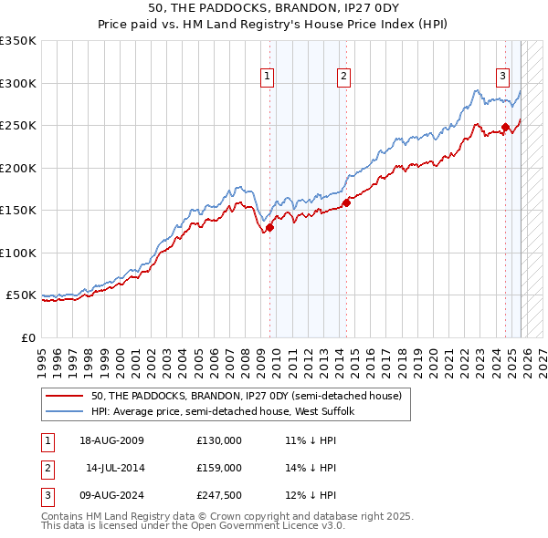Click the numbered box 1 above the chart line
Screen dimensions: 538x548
coord(268,77)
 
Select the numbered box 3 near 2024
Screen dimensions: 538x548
coord(503,77)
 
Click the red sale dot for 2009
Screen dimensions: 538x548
coord(269,228)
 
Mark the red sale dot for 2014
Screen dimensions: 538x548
coord(346,203)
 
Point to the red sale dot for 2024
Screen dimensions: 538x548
coord(505,128)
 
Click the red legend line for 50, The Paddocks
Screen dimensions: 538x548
coord(65,396)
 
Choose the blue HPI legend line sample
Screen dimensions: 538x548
coord(65,411)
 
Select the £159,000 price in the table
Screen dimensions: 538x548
coord(218,468)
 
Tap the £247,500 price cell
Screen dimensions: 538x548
coord(218,495)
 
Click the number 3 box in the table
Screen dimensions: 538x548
coord(47,495)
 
